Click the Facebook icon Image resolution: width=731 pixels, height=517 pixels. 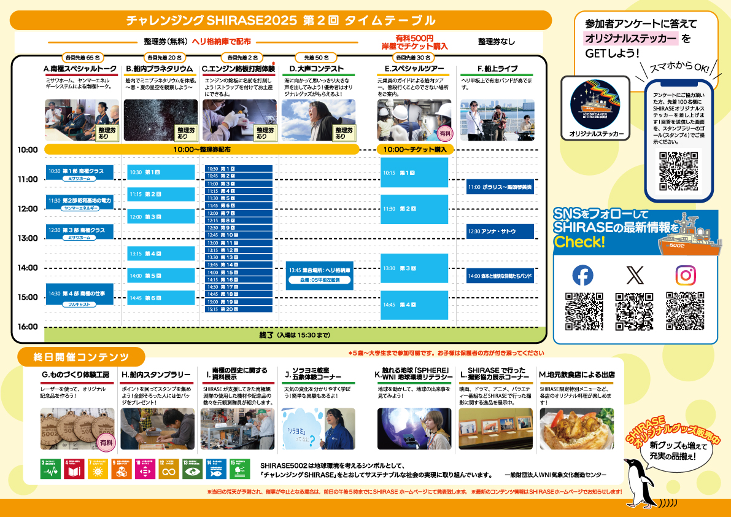[x=582, y=275]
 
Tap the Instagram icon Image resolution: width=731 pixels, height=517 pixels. [x=685, y=275]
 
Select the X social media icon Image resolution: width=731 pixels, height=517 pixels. [x=635, y=275]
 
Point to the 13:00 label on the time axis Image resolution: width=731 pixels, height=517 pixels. [x=28, y=238]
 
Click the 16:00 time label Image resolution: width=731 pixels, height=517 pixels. [x=28, y=327]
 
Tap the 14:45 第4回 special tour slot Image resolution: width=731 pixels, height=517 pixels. [x=414, y=305]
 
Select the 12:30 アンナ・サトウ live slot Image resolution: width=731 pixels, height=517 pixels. [x=500, y=231]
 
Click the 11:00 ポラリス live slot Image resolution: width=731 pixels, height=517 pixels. [x=500, y=187]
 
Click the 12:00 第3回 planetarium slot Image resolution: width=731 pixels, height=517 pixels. [x=161, y=217]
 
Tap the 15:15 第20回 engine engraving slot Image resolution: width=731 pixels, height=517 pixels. [x=238, y=309]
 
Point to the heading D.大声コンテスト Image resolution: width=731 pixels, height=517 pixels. [x=317, y=68]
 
